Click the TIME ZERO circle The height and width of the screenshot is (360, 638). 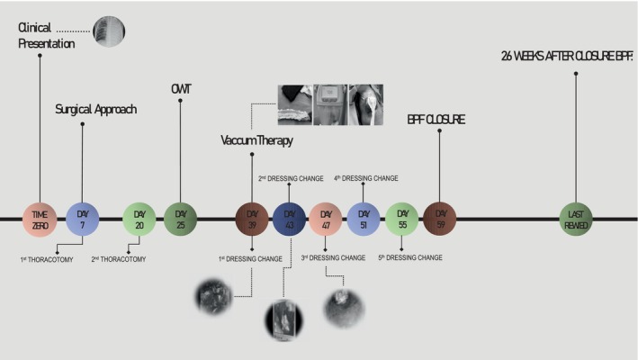pyautogui.click(x=40, y=219)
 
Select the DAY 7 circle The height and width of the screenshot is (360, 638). pyautogui.click(x=82, y=219)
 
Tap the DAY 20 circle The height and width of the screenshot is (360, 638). pyautogui.click(x=139, y=219)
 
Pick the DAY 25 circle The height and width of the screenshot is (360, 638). pyautogui.click(x=181, y=219)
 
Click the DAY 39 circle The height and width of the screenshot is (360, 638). pyautogui.click(x=252, y=219)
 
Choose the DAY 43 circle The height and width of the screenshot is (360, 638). pyautogui.click(x=289, y=219)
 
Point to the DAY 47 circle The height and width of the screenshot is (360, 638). pyautogui.click(x=326, y=219)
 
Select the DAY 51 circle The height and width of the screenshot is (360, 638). pyautogui.click(x=364, y=219)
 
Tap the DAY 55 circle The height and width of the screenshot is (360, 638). pyautogui.click(x=401, y=219)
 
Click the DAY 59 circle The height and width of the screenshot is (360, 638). pyautogui.click(x=439, y=219)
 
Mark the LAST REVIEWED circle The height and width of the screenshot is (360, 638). pyautogui.click(x=576, y=219)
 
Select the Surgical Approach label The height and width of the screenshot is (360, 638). pyautogui.click(x=94, y=110)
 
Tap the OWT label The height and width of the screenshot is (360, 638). pyautogui.click(x=181, y=88)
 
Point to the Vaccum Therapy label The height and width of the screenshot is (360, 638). pyautogui.click(x=257, y=140)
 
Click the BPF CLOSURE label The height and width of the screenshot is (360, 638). pyautogui.click(x=436, y=119)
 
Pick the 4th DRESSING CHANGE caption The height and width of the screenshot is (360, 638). pyautogui.click(x=366, y=178)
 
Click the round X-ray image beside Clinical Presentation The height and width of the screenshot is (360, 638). pyautogui.click(x=109, y=31)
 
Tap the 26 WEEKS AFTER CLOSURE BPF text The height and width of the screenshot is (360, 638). pyautogui.click(x=566, y=56)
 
